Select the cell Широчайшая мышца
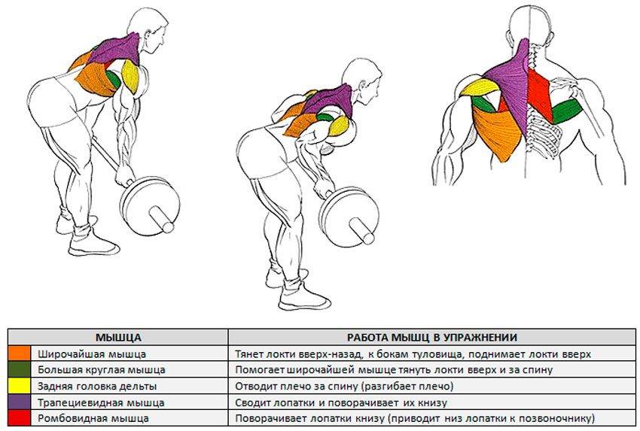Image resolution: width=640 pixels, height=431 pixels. click(91, 353)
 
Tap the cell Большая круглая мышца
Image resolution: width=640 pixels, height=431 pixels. click(101, 369)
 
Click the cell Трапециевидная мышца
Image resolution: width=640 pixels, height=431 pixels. click(100, 402)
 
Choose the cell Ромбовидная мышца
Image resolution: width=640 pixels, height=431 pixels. click(93, 417)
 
